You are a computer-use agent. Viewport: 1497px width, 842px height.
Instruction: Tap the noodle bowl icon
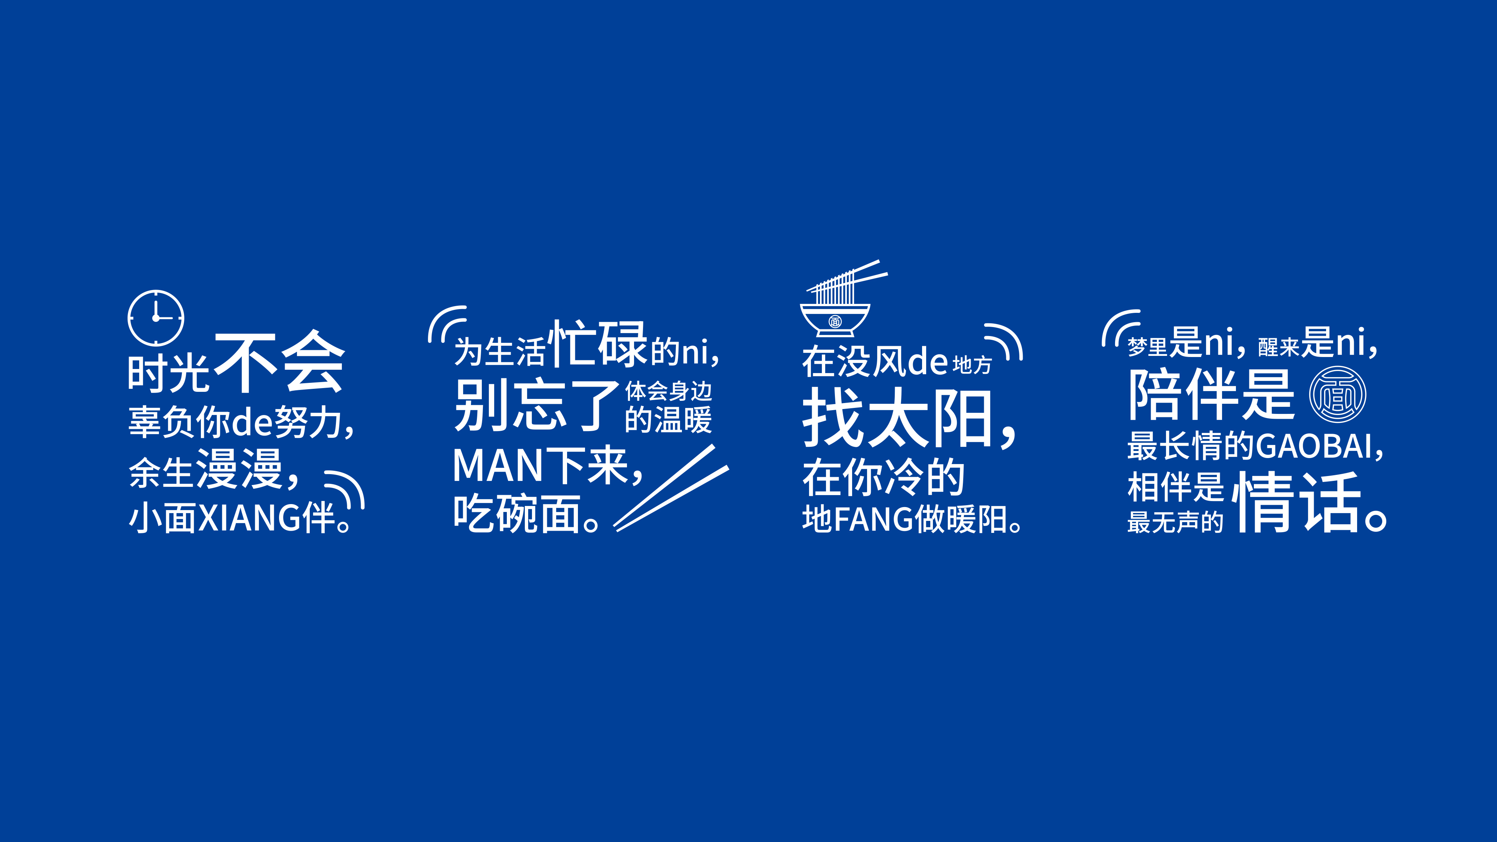pos(840,299)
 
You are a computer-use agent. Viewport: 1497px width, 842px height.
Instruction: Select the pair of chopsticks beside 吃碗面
pos(671,488)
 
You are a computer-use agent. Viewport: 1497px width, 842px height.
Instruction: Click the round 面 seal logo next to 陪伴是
pos(1338,394)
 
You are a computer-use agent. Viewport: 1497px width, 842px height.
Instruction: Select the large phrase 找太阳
pos(900,418)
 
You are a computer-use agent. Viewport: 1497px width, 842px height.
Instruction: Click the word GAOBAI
pos(1314,446)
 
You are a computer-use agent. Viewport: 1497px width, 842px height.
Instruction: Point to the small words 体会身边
pos(668,391)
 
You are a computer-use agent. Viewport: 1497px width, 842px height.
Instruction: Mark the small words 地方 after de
pos(972,364)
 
